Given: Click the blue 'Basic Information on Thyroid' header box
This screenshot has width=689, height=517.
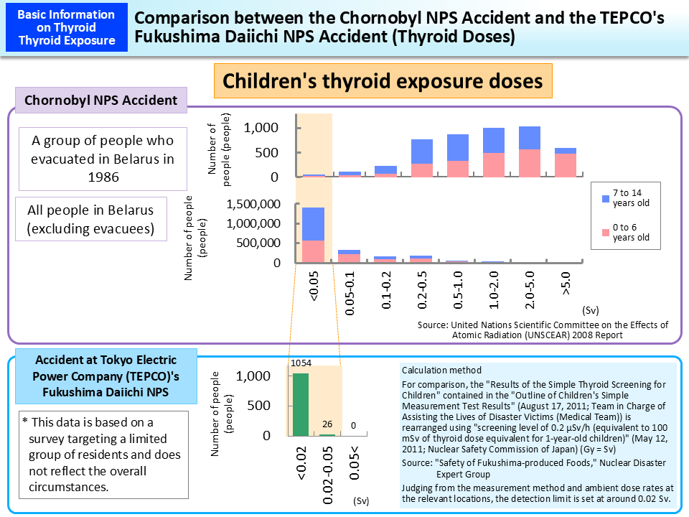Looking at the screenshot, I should pyautogui.click(x=65, y=27).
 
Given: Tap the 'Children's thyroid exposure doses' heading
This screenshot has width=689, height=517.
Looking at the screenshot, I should pyautogui.click(x=383, y=81).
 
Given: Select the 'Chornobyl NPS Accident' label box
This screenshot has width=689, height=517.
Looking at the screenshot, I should pyautogui.click(x=101, y=101).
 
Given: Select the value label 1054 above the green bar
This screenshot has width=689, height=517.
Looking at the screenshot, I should pyautogui.click(x=300, y=363).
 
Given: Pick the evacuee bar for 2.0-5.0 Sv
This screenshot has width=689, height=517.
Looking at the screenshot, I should pyautogui.click(x=529, y=152).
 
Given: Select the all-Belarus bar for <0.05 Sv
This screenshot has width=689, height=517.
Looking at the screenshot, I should pyautogui.click(x=313, y=235).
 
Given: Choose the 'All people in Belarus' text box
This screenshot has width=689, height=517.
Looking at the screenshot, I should pyautogui.click(x=90, y=219).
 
